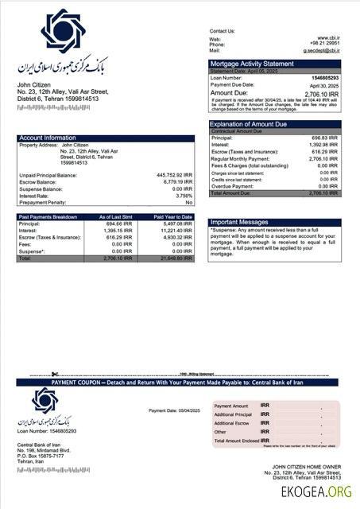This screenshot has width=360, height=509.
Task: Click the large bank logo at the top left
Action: tap(63, 31)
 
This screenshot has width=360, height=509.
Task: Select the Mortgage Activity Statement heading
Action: tap(251, 64)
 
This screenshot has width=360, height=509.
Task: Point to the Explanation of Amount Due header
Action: tap(248, 124)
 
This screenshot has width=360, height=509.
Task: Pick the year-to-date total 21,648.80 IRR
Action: tap(174, 258)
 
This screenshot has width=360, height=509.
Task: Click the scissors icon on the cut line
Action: tap(54, 374)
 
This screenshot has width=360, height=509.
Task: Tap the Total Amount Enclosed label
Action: tap(239, 440)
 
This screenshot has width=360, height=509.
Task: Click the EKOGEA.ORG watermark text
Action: tap(316, 492)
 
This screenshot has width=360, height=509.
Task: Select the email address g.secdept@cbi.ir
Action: tap(321, 50)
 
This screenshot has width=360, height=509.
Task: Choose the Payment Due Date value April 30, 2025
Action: tap(324, 85)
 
